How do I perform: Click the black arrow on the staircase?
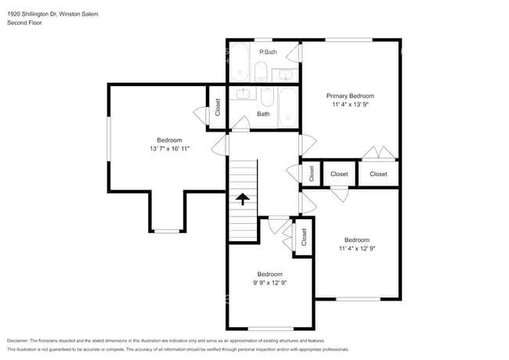[243, 199]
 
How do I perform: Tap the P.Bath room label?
[268, 52]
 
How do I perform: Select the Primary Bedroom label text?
[350, 96]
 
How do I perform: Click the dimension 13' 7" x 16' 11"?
[169, 149]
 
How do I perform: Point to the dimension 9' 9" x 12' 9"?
[269, 283]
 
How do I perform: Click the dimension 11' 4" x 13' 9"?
[351, 104]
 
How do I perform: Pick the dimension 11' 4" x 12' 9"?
[357, 248]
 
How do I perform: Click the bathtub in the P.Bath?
[240, 63]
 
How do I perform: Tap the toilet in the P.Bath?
[261, 72]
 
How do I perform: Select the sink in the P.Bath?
[285, 76]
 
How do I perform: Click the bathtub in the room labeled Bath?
[288, 107]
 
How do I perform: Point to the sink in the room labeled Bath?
[243, 93]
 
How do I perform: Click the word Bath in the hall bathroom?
[263, 113]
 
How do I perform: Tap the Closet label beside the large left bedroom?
[218, 107]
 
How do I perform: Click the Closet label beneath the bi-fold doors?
[378, 175]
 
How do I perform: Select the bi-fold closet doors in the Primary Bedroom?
[379, 153]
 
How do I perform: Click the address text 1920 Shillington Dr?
[32, 14]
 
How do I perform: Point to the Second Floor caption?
[24, 23]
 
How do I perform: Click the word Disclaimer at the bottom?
[17, 341]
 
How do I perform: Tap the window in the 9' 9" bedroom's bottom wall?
[271, 328]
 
